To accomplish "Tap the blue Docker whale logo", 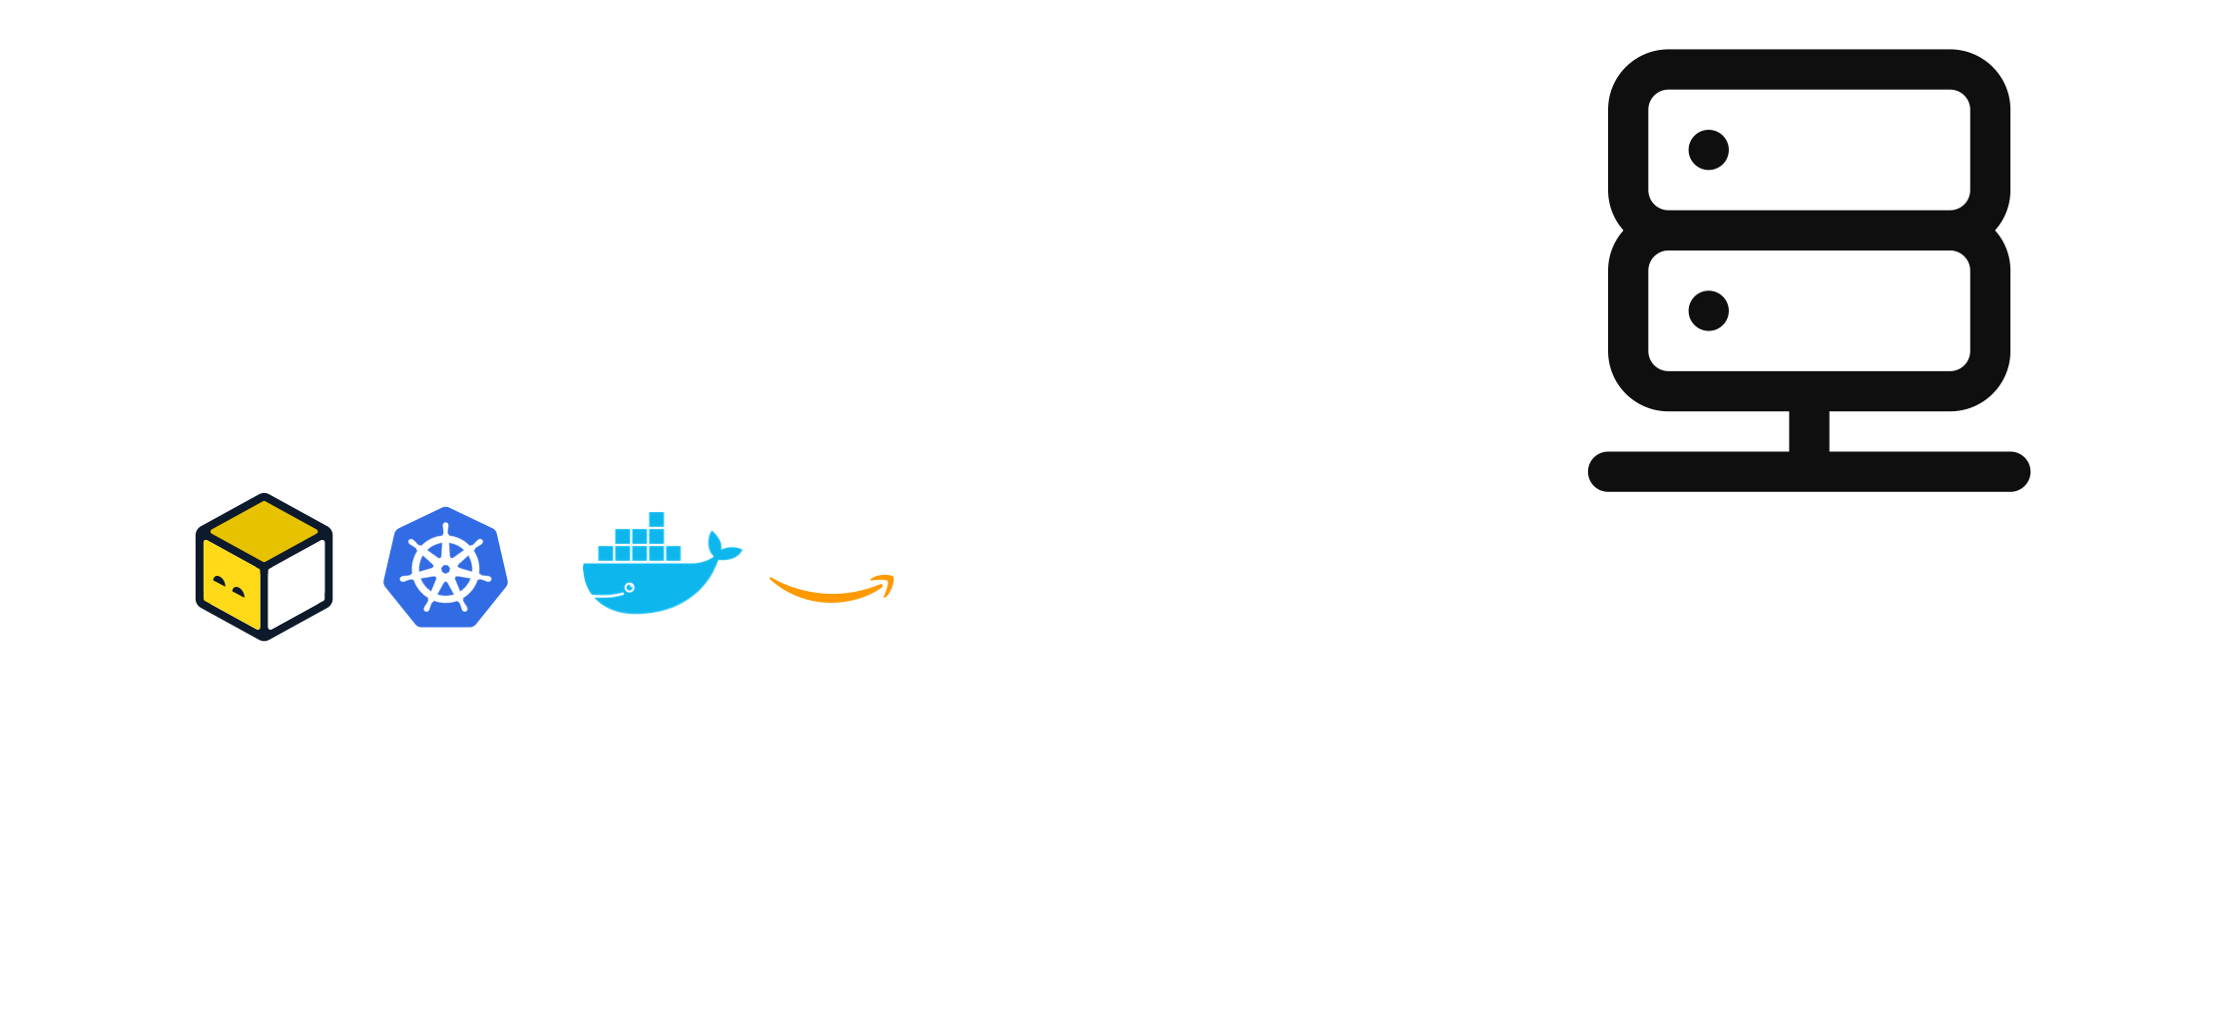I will pos(654,574).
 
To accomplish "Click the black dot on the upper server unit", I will pos(1708,150).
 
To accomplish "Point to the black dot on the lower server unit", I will pos(1708,310).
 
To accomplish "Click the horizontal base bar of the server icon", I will pos(1809,471).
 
